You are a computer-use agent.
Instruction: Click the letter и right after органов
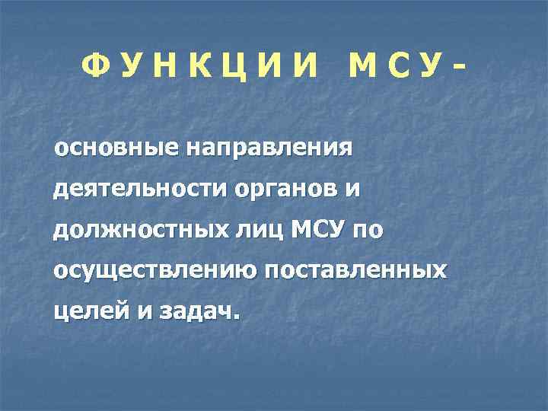(349, 190)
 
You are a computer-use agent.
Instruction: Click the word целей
(81, 311)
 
